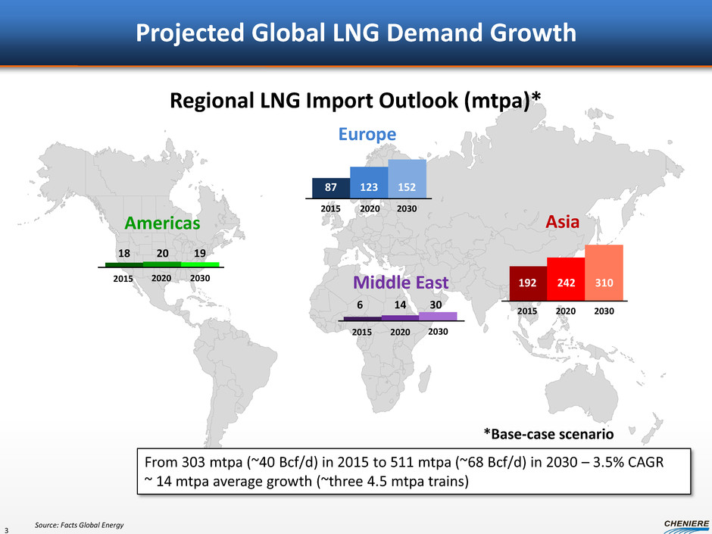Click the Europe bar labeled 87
click(331, 187)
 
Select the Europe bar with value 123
click(369, 183)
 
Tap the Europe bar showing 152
click(407, 179)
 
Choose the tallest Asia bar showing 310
click(604, 273)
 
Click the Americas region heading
click(162, 224)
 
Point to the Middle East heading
click(401, 283)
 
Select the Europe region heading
click(367, 134)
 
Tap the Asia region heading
click(562, 223)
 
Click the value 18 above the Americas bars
click(125, 252)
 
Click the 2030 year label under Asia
click(604, 311)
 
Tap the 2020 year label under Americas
click(162, 278)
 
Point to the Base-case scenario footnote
click(548, 434)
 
